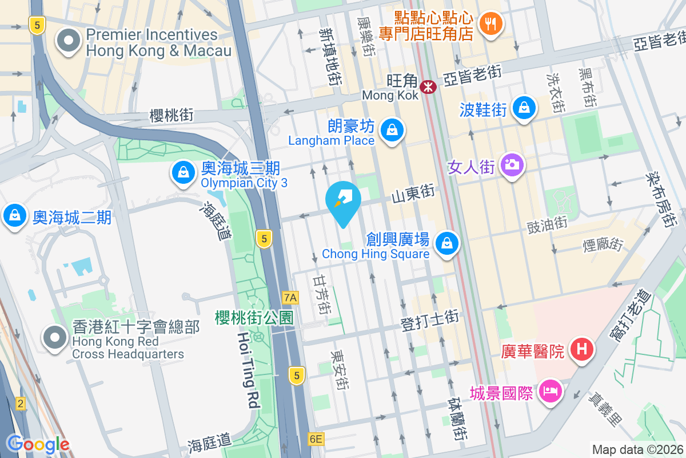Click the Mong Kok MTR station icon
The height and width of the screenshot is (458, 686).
click(428, 87)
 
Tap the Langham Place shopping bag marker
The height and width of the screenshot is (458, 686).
click(393, 130)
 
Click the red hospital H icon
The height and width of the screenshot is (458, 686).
click(582, 349)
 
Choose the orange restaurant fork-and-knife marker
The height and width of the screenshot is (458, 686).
click(490, 23)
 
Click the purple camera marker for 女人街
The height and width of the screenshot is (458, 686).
click(511, 165)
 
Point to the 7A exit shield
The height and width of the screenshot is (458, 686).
click(290, 297)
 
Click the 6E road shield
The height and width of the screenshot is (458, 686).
click(316, 439)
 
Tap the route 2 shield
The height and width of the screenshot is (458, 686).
click(21, 404)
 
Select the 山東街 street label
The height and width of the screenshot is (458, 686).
click(413, 196)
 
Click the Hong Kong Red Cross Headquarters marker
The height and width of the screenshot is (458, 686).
click(55, 338)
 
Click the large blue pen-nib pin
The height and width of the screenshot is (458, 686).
click(343, 202)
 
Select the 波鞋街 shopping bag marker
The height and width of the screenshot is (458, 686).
click(524, 107)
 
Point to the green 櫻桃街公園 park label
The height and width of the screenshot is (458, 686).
click(254, 317)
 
